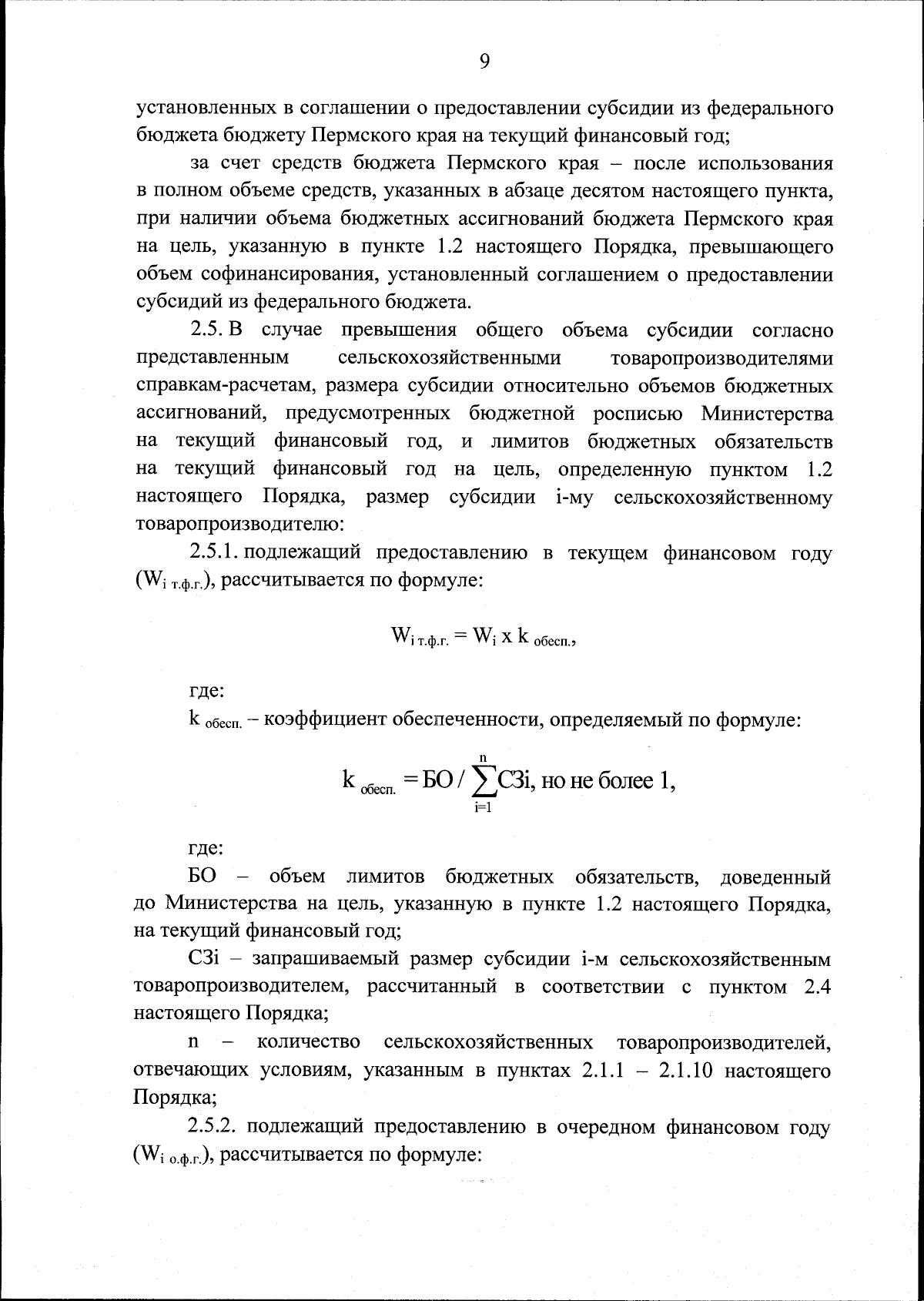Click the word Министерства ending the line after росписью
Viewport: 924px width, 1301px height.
click(x=766, y=414)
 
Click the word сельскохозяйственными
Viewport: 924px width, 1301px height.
click(x=450, y=358)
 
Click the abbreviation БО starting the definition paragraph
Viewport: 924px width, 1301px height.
click(x=202, y=877)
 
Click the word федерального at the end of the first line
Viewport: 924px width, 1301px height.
click(x=769, y=108)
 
